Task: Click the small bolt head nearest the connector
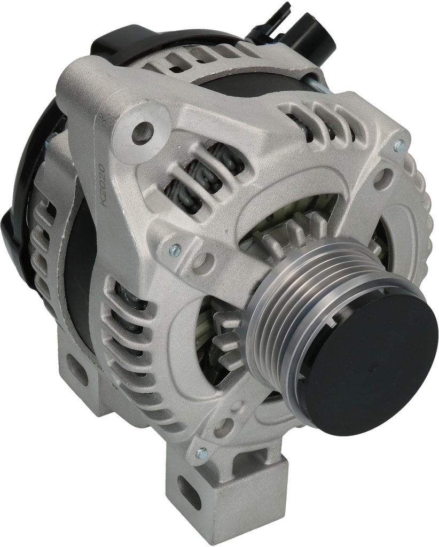(x=398, y=145)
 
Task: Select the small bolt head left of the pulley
(x=174, y=249)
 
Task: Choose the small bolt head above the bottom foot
(x=201, y=453)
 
